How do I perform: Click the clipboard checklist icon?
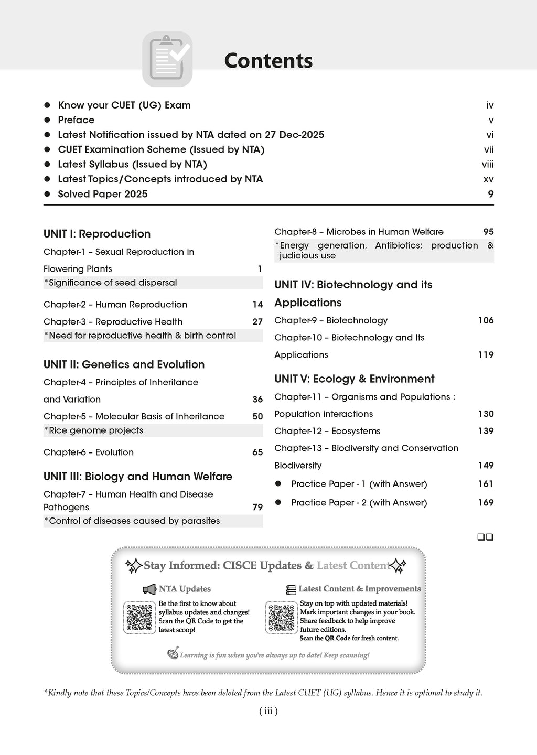tap(167, 59)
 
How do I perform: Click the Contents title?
tap(268, 61)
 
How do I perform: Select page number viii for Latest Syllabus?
tap(487, 165)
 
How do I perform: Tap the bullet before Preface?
tap(47, 120)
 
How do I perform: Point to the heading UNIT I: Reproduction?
tap(97, 234)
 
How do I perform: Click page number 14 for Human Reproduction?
tap(257, 305)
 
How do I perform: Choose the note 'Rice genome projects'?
tap(96, 430)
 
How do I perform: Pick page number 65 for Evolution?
tap(257, 452)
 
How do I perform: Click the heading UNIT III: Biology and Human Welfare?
tap(138, 477)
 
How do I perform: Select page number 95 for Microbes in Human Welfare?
tap(488, 232)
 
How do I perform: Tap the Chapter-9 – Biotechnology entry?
tap(331, 320)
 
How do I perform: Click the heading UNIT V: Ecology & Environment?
tap(355, 379)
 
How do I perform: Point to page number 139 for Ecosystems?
tap(486, 431)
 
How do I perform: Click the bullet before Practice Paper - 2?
tap(278, 502)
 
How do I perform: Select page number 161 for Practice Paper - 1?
tap(486, 484)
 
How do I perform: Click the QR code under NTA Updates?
tap(139, 618)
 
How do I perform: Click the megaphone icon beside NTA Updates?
tap(149, 589)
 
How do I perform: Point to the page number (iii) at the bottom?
tap(268, 711)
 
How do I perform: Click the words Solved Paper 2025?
tap(103, 194)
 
